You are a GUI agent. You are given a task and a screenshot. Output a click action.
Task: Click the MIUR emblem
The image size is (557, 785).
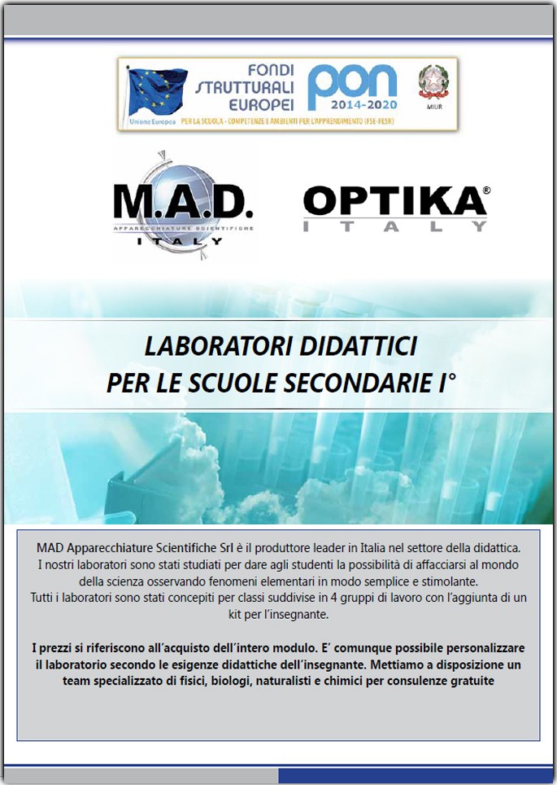[433, 84]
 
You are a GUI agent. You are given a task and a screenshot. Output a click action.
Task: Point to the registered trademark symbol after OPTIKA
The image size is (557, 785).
[486, 190]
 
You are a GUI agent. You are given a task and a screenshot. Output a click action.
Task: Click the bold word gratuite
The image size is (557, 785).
[468, 680]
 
